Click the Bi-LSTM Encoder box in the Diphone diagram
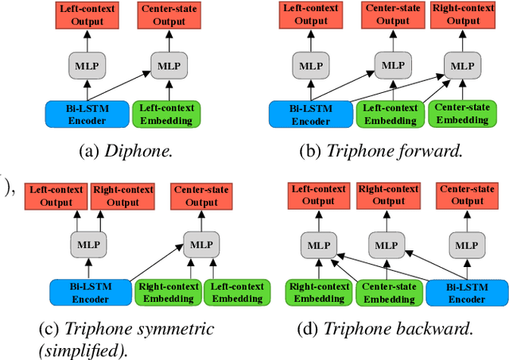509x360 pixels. [87, 114]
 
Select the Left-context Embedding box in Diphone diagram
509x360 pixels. [165, 114]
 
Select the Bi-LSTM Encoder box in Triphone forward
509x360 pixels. [310, 114]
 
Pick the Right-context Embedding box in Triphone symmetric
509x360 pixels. [166, 292]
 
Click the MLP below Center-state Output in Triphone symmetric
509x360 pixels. [202, 242]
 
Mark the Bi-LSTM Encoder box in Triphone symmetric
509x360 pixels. [89, 292]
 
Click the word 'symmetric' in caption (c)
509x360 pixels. [179, 328]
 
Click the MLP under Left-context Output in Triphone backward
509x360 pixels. [317, 244]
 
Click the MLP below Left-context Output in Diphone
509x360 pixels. [88, 65]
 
